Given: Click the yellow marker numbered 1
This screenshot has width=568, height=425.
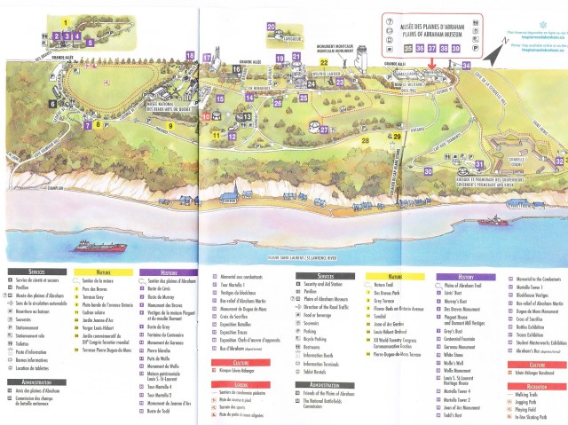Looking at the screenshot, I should [66, 20].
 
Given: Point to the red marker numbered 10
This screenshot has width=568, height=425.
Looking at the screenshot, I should [206, 115].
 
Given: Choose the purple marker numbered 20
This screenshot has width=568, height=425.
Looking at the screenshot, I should [270, 28].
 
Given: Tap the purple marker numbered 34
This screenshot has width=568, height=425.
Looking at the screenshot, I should [467, 65].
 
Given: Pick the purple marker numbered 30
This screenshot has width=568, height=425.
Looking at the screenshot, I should [428, 171].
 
